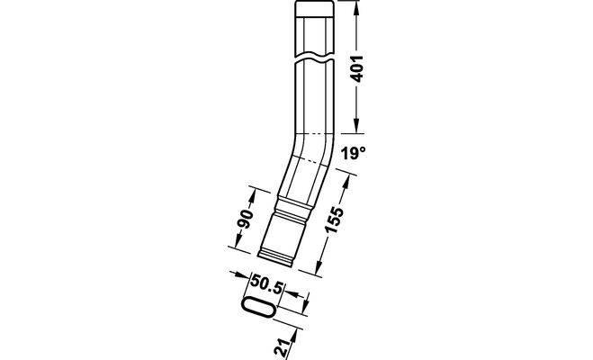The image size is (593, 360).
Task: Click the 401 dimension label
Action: tap(357, 68)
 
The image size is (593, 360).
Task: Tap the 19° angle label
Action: tap(354, 153)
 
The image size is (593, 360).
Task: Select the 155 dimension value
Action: tap(335, 220)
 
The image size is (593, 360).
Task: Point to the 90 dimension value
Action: tap(246, 219)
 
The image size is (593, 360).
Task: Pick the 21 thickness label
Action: tap(283, 346)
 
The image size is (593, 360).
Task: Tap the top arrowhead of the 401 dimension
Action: tap(355, 7)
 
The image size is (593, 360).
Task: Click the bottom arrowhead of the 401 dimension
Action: tap(355, 125)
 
